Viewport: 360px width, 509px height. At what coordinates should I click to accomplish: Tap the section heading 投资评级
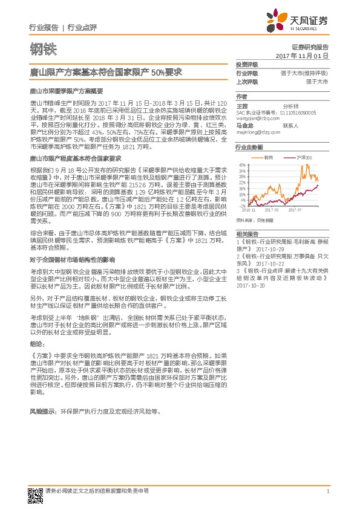(247, 64)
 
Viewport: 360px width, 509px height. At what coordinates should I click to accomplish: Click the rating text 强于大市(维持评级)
(301, 73)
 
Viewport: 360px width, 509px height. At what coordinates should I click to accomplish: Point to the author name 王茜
(241, 105)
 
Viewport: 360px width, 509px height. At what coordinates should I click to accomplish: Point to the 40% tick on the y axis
(241, 164)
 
